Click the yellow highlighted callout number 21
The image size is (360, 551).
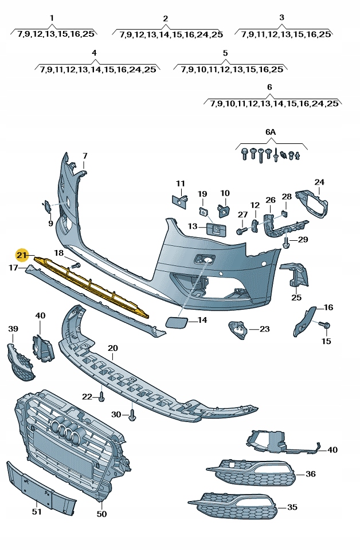click(22, 255)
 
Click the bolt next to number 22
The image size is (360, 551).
click(101, 397)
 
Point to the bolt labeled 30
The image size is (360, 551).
click(132, 415)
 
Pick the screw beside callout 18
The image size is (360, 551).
click(76, 265)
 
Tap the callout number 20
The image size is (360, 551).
click(112, 348)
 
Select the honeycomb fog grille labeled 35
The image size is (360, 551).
click(235, 506)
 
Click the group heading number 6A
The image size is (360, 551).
click(271, 132)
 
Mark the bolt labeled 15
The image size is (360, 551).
click(327, 326)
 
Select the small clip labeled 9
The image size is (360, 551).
click(47, 205)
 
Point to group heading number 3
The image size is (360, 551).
click(281, 18)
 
